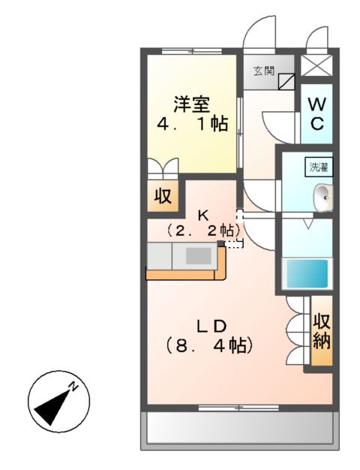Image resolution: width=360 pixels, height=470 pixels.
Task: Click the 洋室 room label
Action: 193,103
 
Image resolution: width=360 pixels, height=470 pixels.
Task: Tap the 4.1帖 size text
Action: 193,124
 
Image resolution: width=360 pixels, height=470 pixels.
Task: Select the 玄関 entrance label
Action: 262,71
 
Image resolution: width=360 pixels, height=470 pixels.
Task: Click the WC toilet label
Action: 316,113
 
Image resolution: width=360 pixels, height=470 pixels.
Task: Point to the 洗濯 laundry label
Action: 319,168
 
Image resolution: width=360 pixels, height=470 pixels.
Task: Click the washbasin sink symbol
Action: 323,197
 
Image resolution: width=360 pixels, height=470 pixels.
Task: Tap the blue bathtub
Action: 307,273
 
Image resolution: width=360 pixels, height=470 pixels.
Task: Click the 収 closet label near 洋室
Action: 163,197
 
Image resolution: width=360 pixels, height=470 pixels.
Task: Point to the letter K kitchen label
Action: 203,214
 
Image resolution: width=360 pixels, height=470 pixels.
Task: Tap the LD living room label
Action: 212,326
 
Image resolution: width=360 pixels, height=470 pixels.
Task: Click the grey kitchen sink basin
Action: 198,256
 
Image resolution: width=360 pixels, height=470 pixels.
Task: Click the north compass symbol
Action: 54,401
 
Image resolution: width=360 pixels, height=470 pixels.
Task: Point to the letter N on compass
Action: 73,387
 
